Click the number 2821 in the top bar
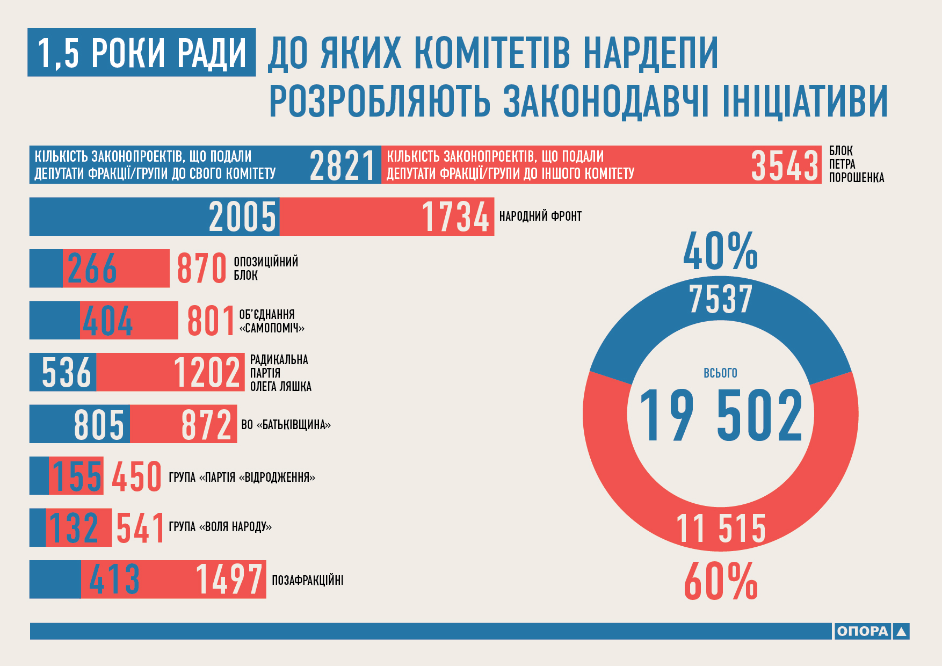(342, 165)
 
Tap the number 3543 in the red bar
(784, 165)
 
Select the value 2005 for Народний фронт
(242, 217)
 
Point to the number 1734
(455, 217)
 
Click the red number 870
(201, 269)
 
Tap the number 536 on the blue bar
(67, 372)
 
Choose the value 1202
(207, 372)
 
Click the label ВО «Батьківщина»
(286, 425)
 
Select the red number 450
(136, 476)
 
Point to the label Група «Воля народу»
(220, 527)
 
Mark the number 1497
(229, 580)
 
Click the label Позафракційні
(307, 580)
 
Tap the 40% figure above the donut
(720, 251)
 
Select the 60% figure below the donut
(720, 581)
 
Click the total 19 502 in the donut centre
(720, 416)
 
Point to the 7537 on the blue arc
(720, 299)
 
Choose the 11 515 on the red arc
(720, 529)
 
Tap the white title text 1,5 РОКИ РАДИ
(142, 53)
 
